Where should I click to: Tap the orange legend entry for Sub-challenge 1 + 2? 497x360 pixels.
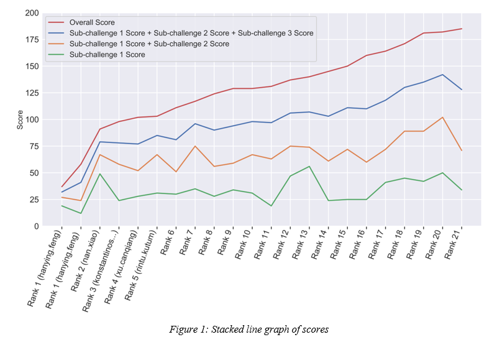point(150,44)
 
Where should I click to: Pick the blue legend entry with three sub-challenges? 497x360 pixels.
point(192,33)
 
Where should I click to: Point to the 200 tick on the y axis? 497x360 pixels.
point(32,13)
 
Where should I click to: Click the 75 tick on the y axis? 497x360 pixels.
point(34,146)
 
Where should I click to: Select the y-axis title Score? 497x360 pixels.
point(20,119)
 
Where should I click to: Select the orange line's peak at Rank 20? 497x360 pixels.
point(443,118)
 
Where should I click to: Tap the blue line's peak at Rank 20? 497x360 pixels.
point(443,75)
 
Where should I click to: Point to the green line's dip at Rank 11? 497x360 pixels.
point(271,206)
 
